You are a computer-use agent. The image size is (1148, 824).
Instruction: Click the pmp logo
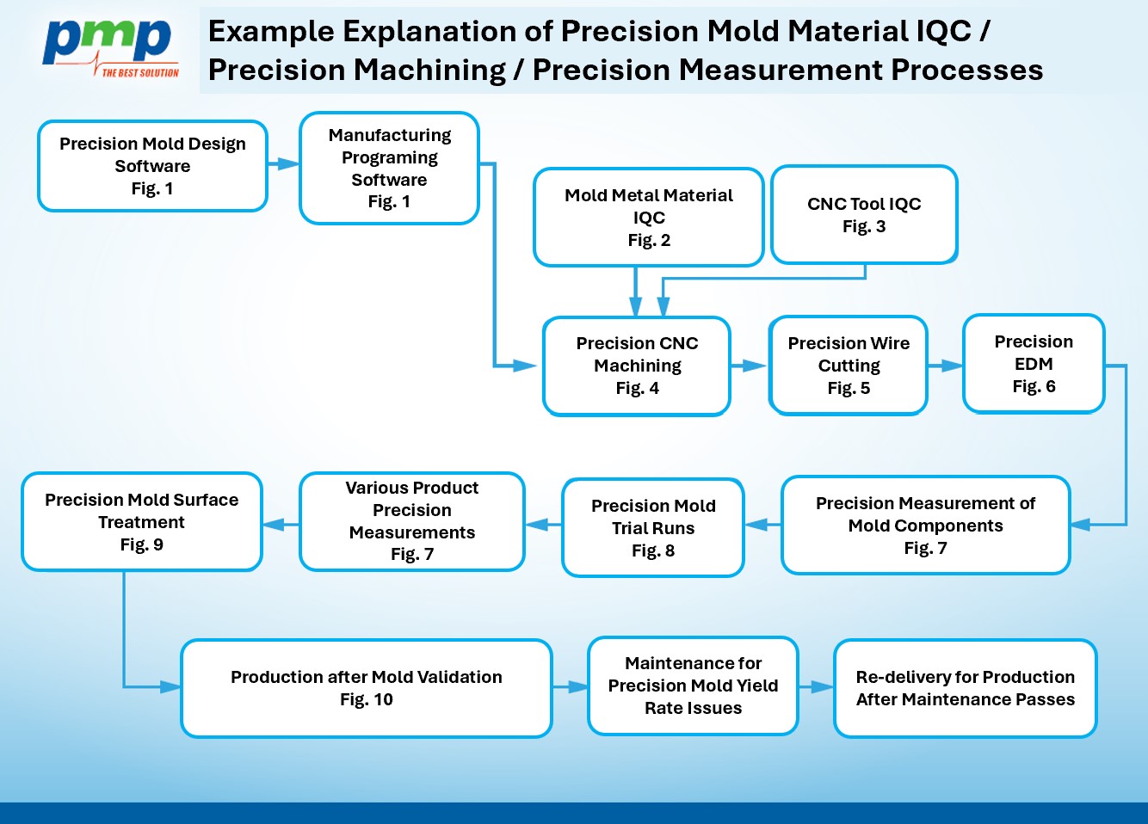pos(111,48)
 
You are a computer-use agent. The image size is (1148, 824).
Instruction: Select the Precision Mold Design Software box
pos(152,166)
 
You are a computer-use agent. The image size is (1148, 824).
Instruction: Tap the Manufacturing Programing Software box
pos(389,168)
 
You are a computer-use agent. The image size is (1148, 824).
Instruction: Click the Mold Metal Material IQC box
pos(648,217)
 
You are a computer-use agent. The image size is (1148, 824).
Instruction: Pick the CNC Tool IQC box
pos(864,214)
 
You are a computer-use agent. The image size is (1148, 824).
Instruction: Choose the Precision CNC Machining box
pos(637,366)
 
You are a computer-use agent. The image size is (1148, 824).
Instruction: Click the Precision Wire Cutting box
pos(849,365)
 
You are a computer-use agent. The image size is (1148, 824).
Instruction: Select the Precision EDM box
pos(1034,363)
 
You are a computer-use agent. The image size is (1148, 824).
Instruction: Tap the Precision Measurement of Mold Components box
pos(926,525)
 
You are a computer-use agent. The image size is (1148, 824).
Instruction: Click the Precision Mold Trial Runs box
pos(653,527)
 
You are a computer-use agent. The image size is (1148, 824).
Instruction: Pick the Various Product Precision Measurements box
pos(412,521)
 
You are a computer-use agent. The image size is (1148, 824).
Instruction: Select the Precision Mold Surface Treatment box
pos(142,521)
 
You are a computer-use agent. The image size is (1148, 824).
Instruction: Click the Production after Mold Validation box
pos(367,688)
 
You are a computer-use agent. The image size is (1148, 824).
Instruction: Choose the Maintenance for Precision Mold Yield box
pos(693,686)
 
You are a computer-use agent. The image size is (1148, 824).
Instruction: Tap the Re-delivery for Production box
pos(965,688)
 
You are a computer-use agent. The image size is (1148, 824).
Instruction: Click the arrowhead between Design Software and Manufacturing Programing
pos(288,164)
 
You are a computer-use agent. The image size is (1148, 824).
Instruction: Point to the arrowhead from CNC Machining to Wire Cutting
pos(755,366)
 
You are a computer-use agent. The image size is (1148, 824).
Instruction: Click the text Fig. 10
pos(367,699)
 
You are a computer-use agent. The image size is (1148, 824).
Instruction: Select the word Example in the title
pos(271,32)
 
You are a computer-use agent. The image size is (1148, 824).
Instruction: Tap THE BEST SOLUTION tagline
pos(140,73)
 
